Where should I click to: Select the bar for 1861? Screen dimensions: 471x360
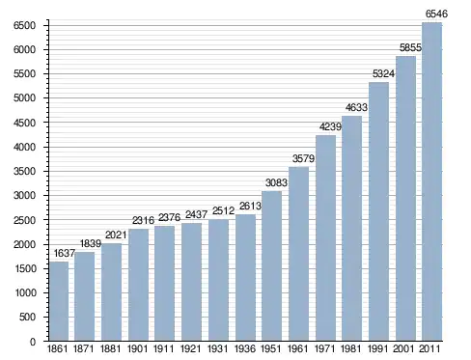tap(59, 301)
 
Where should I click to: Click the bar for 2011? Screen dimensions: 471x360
tap(431, 181)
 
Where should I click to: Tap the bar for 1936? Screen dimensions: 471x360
tap(245, 277)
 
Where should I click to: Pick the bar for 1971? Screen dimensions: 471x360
tap(325, 237)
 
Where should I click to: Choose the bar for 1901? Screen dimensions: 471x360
tap(138, 285)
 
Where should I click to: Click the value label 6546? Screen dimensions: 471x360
tap(436, 14)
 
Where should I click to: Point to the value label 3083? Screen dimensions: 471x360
tap(276, 182)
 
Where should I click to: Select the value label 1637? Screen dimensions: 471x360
tap(65, 254)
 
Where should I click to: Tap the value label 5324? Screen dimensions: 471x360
tap(383, 74)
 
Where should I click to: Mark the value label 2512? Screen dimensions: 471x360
tap(223, 211)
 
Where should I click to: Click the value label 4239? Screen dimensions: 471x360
tap(330, 126)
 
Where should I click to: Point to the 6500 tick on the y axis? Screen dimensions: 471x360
tap(24, 25)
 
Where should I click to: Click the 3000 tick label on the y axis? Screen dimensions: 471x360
tap(24, 195)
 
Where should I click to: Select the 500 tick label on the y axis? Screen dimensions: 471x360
tap(27, 317)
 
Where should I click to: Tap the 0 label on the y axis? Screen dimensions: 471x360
tap(33, 342)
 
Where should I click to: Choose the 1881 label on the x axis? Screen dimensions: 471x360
tap(110, 348)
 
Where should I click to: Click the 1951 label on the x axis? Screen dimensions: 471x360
tap(271, 348)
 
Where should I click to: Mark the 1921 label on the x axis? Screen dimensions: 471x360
tap(191, 348)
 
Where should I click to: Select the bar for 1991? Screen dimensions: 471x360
tap(378, 211)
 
